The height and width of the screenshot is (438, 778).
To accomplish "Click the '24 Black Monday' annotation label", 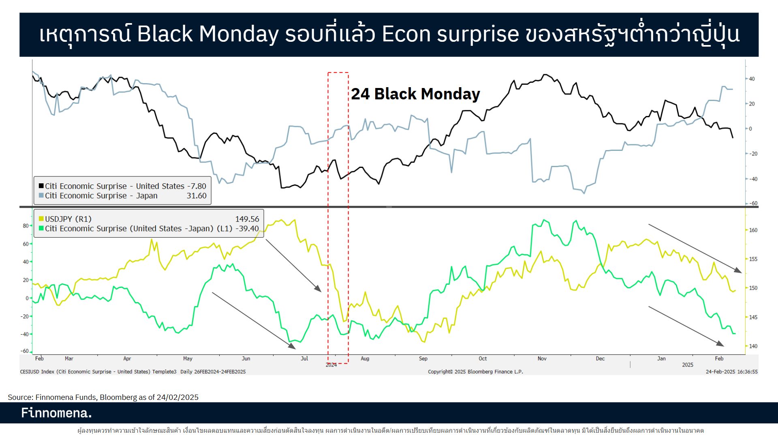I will pyautogui.click(x=415, y=94).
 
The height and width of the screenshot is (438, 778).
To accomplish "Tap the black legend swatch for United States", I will pyautogui.click(x=41, y=186).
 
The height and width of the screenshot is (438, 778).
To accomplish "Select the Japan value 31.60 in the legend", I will pyautogui.click(x=197, y=196).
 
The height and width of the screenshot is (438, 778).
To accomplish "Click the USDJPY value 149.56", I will pyautogui.click(x=247, y=219).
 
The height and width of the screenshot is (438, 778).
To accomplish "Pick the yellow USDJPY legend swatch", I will pyautogui.click(x=41, y=219).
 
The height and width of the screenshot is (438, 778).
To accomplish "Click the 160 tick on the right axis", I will pyautogui.click(x=753, y=230).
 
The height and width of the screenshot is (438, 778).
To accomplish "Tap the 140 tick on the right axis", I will pyautogui.click(x=753, y=346).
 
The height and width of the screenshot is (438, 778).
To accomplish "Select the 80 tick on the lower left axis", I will pyautogui.click(x=26, y=226).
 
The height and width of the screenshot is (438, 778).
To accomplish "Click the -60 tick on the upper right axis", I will pyautogui.click(x=753, y=204).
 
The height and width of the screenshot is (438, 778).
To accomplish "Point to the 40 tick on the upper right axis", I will pyautogui.click(x=752, y=79).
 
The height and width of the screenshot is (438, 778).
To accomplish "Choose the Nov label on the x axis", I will pyautogui.click(x=542, y=359).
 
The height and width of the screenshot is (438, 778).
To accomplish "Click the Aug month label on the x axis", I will pyautogui.click(x=365, y=359).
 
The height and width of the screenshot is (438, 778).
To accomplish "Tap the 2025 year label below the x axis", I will pyautogui.click(x=687, y=365).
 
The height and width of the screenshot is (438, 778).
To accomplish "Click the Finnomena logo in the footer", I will pyautogui.click(x=56, y=413).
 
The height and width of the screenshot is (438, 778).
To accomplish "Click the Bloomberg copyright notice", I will pyautogui.click(x=475, y=371).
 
